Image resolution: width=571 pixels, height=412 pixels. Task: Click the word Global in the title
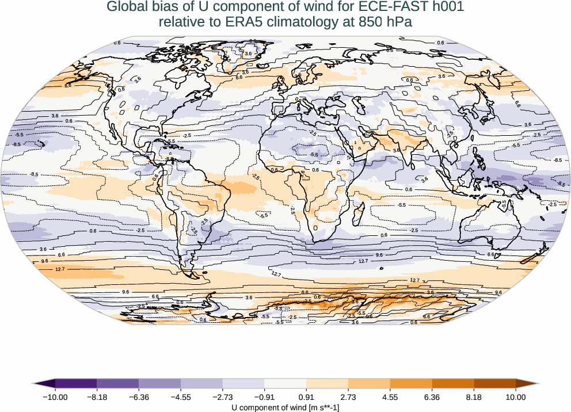[127, 7]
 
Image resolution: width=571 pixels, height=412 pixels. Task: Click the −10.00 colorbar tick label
[55, 396]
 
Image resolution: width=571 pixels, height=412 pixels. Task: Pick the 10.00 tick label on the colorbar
[516, 396]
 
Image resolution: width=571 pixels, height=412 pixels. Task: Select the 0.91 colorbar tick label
[306, 396]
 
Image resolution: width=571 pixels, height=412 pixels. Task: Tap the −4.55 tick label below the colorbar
[181, 396]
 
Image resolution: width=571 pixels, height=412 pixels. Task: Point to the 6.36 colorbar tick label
[432, 396]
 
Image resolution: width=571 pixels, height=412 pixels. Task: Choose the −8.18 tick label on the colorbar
[97, 396]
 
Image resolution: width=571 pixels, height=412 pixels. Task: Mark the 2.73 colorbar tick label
[348, 396]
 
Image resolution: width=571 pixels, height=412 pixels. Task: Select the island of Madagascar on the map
[357, 218]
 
